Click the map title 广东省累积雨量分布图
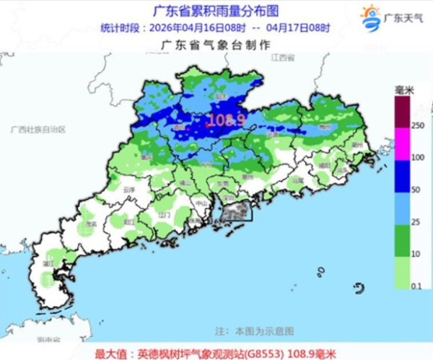click(216, 11)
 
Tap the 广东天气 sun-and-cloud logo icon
click(369, 17)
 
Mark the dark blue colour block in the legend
click(402, 177)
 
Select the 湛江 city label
click(49, 265)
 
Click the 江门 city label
click(164, 215)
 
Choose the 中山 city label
click(192, 204)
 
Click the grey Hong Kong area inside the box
click(235, 211)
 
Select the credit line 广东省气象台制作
click(216, 45)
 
